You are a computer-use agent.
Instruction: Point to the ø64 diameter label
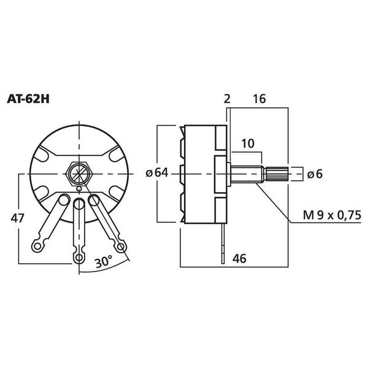[x=157, y=174]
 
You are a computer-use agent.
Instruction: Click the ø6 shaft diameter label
[x=315, y=174]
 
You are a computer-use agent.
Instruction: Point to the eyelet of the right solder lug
[x=121, y=246]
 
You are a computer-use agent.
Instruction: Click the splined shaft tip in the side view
[x=277, y=174]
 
